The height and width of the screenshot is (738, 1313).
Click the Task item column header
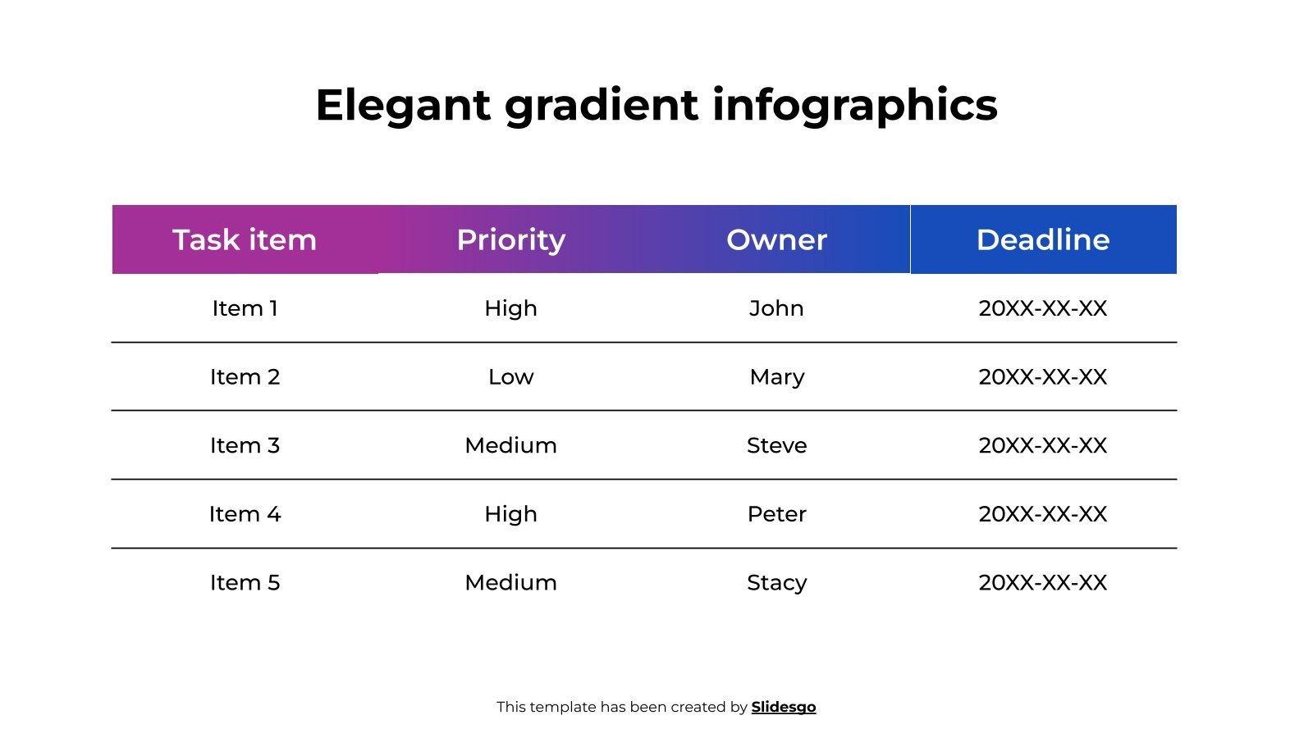tap(245, 239)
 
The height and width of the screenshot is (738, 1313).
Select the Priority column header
tap(510, 239)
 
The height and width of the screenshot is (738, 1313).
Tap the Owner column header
tap(776, 239)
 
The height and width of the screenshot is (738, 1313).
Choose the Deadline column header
tap(1043, 239)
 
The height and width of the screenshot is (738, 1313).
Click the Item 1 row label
tap(245, 308)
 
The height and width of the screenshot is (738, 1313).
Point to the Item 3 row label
tap(245, 445)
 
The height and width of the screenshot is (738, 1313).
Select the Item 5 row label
tap(245, 582)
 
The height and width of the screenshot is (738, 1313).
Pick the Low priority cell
tap(510, 377)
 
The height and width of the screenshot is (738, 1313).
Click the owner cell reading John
tap(776, 308)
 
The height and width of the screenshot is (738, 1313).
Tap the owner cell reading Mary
tap(776, 377)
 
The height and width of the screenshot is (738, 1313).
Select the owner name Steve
tap(776, 445)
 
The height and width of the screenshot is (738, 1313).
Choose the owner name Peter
tap(776, 514)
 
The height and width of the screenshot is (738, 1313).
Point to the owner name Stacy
tap(776, 582)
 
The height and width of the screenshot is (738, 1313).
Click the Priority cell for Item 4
tap(510, 514)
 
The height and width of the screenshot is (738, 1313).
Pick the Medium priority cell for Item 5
tap(510, 582)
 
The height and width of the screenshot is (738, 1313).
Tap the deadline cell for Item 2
tap(1043, 377)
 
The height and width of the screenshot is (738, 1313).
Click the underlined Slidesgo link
tap(784, 707)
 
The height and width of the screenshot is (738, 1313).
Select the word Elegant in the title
tap(403, 105)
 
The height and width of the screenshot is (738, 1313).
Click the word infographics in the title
tap(854, 105)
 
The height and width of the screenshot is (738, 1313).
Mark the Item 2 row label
tap(245, 377)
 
